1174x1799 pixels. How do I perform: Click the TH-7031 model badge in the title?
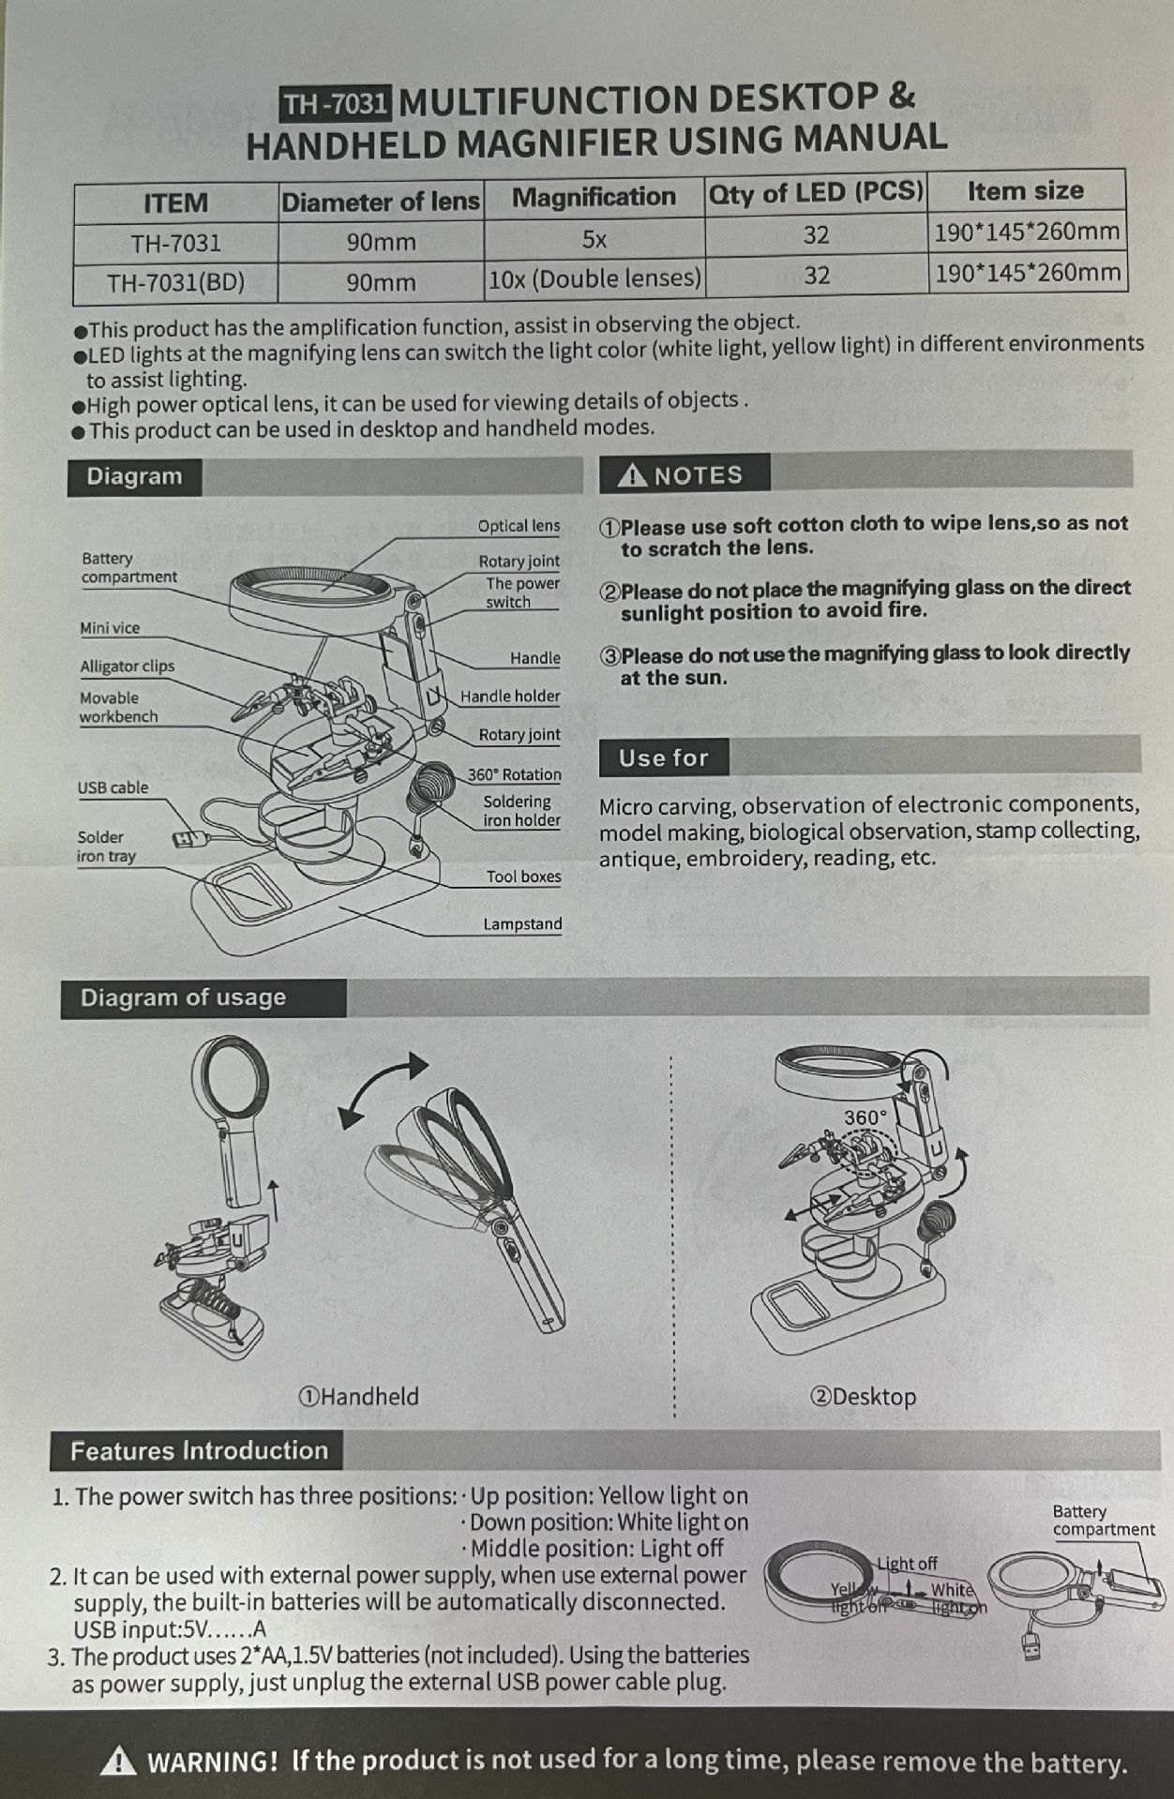coord(337,103)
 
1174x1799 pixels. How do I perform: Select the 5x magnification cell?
coord(595,239)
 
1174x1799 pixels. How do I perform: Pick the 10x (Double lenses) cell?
coord(595,278)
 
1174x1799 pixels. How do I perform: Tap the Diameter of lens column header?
coord(381,202)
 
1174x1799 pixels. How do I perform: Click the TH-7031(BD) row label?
coord(175,282)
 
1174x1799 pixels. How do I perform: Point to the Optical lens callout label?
coord(519,526)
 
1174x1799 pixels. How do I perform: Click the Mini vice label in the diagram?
coord(110,628)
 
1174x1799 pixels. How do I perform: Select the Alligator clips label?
coord(128,667)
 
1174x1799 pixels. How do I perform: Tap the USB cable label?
coord(113,787)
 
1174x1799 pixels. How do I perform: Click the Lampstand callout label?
coord(522,924)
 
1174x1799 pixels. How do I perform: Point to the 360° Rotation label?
coord(515,775)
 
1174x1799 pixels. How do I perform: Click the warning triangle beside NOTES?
coord(633,475)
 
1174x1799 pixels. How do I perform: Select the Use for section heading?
coord(663,757)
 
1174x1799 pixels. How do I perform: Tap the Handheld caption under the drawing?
coord(359,1397)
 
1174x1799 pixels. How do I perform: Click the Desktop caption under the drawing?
coord(863,1397)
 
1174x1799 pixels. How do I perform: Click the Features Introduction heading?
coord(199,1451)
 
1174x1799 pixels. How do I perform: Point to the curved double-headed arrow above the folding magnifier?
coord(383,1087)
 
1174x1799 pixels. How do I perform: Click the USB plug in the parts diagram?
coord(185,838)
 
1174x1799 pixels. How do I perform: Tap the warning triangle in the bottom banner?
coord(118,1762)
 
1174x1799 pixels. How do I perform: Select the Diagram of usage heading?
coord(183,997)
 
